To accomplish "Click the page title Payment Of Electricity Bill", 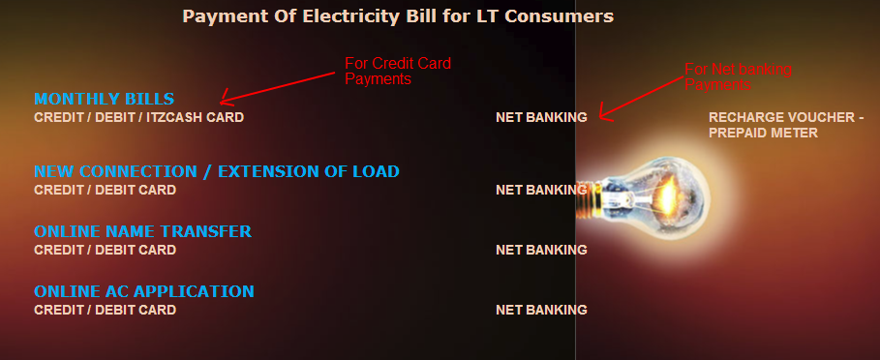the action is pos(398,16).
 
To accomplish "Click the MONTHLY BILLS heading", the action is pos(104,99).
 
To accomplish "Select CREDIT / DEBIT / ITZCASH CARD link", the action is pos(138,117).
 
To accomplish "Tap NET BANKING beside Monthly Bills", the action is pos(541,117).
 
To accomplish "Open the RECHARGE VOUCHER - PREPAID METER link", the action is pos(786,125).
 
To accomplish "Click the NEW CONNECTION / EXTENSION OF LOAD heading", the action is pos(216,171).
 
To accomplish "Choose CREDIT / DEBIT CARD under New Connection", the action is pos(105,190).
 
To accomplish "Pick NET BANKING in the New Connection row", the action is pos(541,190).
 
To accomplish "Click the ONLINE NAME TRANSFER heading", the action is pos(142,231).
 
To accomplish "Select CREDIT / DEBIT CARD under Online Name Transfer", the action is pos(105,250).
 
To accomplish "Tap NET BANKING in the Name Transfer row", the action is pos(541,250).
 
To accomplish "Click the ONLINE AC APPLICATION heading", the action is pos(143,291).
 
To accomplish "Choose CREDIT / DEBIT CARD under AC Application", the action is pos(105,310).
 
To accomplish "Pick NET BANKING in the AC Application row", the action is pos(541,310).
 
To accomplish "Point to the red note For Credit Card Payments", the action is pos(398,72).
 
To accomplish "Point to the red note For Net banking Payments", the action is pos(738,77).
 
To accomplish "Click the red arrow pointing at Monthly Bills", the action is pos(281,83).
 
